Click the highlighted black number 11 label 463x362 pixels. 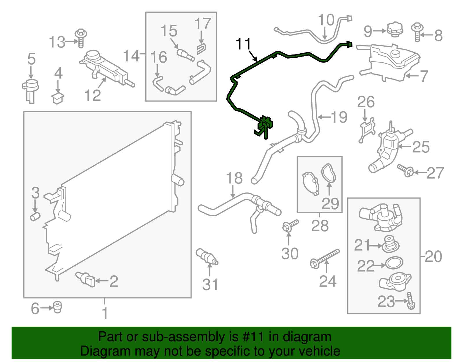243,44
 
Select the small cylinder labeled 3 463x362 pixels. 35,216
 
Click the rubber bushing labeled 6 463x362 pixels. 58,307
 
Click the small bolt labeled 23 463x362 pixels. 411,301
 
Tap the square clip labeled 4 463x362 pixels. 58,98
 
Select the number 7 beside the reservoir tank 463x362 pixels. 424,76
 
